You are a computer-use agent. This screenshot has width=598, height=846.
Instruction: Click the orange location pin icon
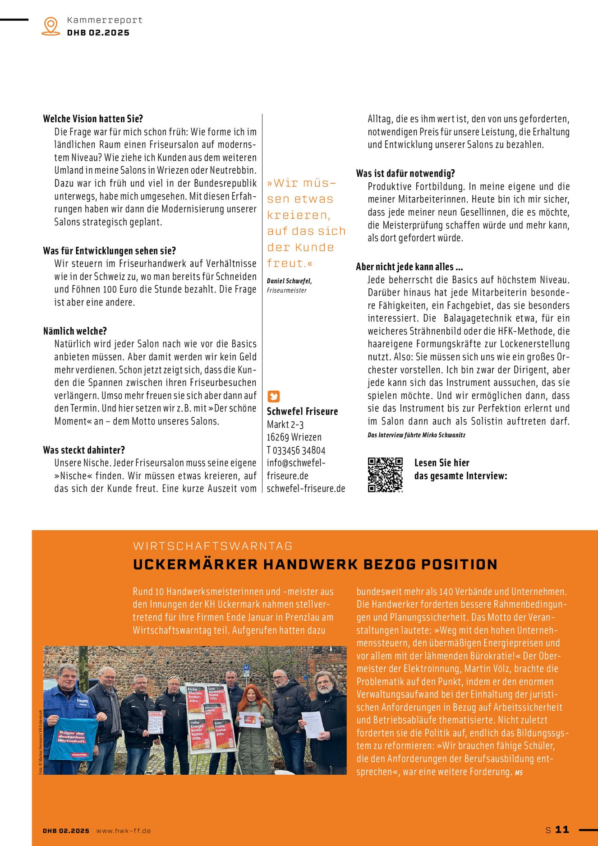(x=51, y=26)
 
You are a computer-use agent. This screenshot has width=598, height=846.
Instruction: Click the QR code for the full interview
(x=385, y=475)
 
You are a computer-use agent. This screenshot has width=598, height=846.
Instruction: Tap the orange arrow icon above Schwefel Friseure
(x=273, y=396)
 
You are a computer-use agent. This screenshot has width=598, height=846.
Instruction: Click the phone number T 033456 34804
(x=296, y=450)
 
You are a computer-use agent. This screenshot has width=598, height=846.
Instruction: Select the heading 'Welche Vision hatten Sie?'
(x=93, y=119)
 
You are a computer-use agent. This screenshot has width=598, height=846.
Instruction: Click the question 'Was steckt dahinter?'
(x=84, y=450)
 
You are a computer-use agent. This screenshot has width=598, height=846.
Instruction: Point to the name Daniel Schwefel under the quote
(x=289, y=281)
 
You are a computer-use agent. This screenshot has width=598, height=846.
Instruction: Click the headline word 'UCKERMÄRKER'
(x=195, y=564)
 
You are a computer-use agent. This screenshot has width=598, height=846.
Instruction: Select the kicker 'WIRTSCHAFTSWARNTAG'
(x=213, y=546)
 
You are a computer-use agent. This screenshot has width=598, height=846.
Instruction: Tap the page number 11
(x=562, y=829)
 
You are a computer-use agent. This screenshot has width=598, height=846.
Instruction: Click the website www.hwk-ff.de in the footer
(x=123, y=831)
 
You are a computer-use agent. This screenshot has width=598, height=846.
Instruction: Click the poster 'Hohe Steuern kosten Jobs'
(x=196, y=698)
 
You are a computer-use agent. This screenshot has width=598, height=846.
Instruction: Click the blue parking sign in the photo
(x=246, y=667)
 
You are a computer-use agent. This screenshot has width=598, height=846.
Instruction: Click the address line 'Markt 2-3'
(x=285, y=425)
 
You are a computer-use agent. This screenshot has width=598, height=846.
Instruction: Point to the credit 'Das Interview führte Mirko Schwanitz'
(x=416, y=435)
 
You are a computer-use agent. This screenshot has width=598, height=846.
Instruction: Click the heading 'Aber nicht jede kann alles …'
(x=409, y=267)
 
